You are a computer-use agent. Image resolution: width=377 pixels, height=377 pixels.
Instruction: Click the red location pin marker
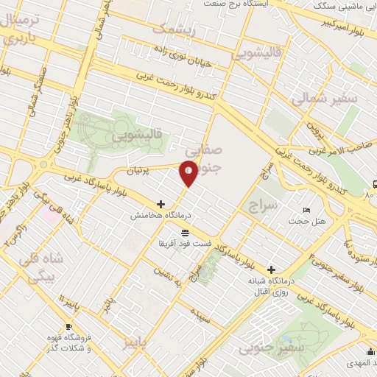(x=188, y=173)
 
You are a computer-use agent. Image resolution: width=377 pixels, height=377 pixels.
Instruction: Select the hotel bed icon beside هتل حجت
(x=306, y=211)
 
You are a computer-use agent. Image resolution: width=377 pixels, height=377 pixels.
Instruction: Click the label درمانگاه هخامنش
(x=156, y=216)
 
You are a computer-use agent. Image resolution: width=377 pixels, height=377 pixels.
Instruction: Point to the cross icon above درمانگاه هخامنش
(x=161, y=204)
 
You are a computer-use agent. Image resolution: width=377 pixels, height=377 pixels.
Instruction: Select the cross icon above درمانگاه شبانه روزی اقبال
(x=272, y=269)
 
